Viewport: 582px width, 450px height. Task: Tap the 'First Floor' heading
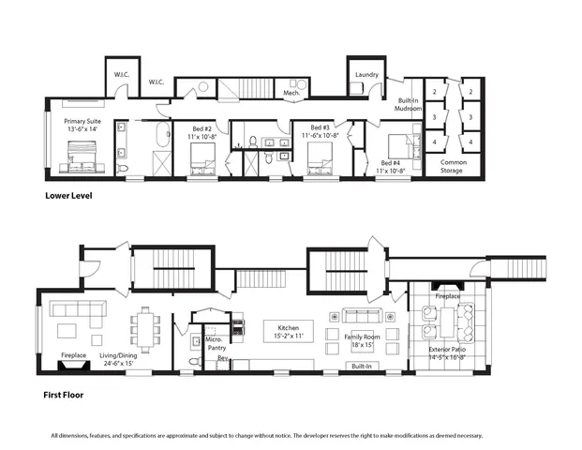click(65, 395)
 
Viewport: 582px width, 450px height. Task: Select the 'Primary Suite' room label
click(82, 127)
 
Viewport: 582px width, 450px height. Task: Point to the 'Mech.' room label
click(291, 93)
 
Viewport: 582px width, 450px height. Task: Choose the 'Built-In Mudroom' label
click(407, 104)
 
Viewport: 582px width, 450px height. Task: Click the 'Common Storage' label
click(452, 166)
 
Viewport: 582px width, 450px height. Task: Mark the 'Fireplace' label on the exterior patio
click(447, 296)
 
